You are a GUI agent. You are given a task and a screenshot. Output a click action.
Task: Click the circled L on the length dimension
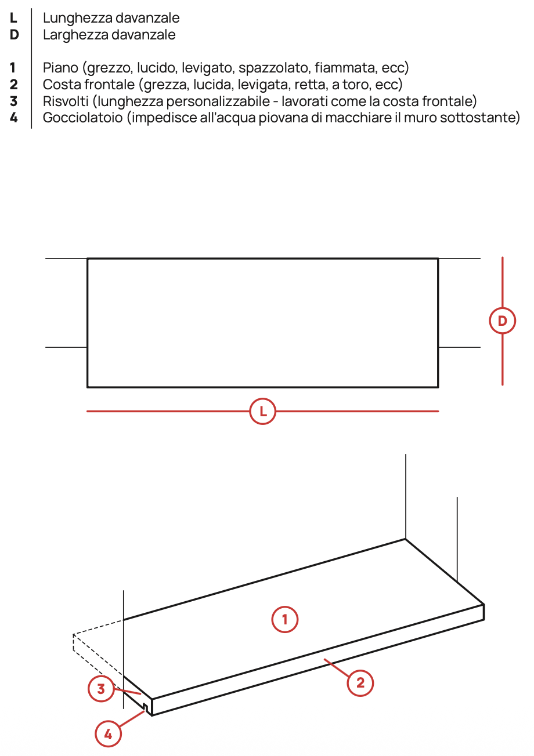[262, 412]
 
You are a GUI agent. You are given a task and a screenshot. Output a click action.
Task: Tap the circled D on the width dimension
[502, 321]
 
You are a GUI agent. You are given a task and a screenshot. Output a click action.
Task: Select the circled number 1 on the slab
[285, 619]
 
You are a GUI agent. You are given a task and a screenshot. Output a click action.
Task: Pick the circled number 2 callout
[360, 683]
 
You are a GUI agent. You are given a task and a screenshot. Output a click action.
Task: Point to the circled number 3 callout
[101, 689]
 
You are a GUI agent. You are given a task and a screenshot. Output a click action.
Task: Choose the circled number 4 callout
[108, 734]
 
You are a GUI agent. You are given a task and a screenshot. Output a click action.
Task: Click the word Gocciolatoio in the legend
[82, 118]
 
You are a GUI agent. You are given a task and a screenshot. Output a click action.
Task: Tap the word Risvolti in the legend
[66, 101]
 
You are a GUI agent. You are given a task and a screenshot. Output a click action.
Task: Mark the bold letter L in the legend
[13, 18]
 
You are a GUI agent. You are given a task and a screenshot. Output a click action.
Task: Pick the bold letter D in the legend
[14, 35]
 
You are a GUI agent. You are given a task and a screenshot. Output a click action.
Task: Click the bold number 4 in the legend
[13, 118]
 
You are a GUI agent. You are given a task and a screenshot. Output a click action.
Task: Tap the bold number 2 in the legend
[13, 85]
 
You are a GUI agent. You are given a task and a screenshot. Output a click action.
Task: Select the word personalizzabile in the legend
[218, 101]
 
